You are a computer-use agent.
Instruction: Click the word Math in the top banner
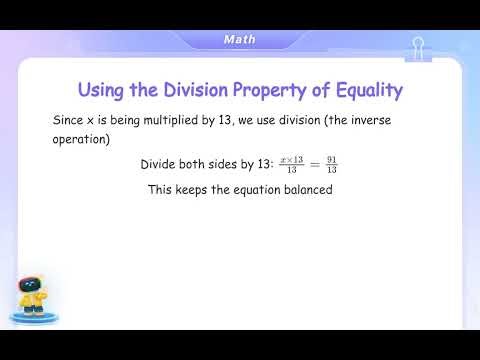239,39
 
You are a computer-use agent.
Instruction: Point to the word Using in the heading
106,90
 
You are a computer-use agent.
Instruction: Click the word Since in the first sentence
68,119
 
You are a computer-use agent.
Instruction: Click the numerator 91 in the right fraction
332,158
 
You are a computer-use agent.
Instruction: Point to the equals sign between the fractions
313,164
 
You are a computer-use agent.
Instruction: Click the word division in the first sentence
300,119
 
